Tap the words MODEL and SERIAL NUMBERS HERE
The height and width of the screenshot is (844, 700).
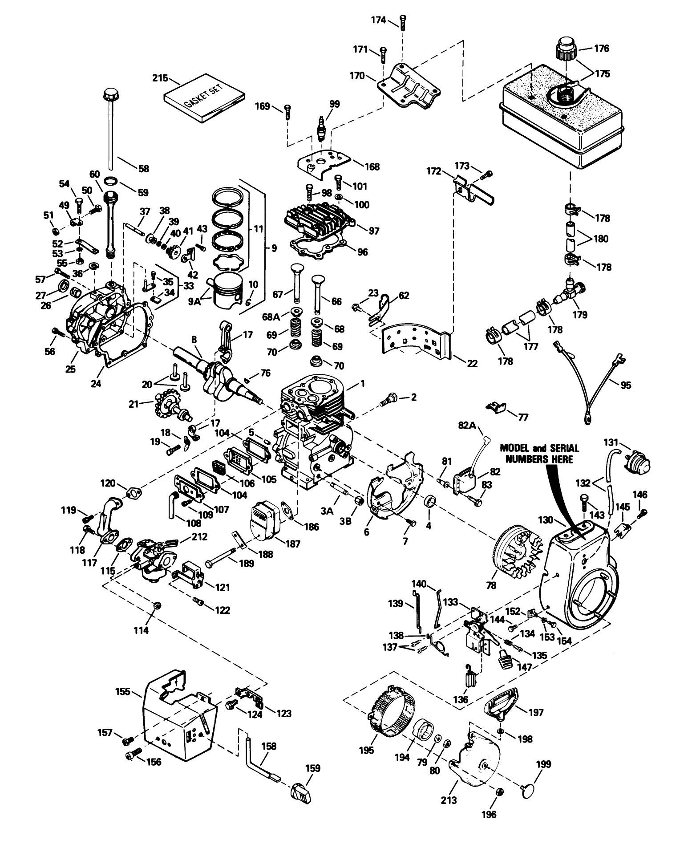click(x=539, y=453)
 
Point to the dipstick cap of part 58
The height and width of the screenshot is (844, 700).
click(x=109, y=95)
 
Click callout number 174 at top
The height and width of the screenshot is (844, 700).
click(x=379, y=20)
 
